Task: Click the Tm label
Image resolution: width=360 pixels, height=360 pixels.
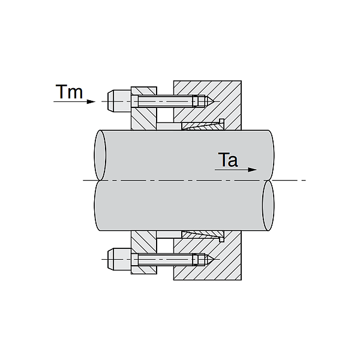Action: (x=69, y=92)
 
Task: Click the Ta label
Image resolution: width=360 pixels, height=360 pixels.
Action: (x=229, y=160)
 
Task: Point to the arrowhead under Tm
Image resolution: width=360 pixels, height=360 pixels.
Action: (x=91, y=101)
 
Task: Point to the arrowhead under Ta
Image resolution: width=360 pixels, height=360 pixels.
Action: (x=252, y=170)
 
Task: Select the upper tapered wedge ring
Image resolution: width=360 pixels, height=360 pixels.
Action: (x=201, y=126)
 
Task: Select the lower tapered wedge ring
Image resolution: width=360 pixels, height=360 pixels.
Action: (x=201, y=233)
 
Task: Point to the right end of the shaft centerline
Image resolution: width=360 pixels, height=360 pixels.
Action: (x=305, y=180)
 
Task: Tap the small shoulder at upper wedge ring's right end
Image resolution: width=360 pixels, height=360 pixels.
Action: (x=222, y=123)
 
